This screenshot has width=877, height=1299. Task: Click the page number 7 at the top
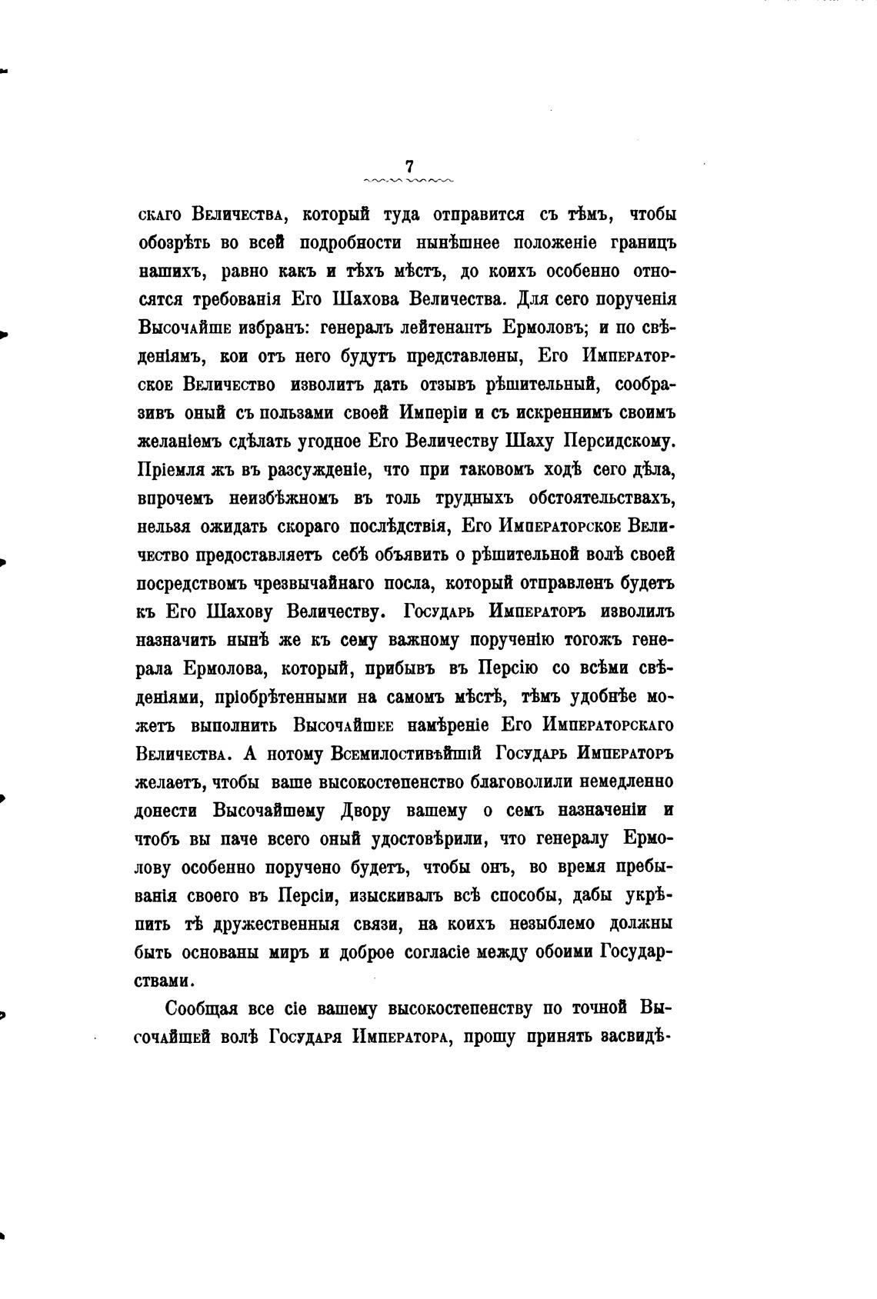(x=409, y=166)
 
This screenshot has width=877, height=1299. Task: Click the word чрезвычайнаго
(x=321, y=584)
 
